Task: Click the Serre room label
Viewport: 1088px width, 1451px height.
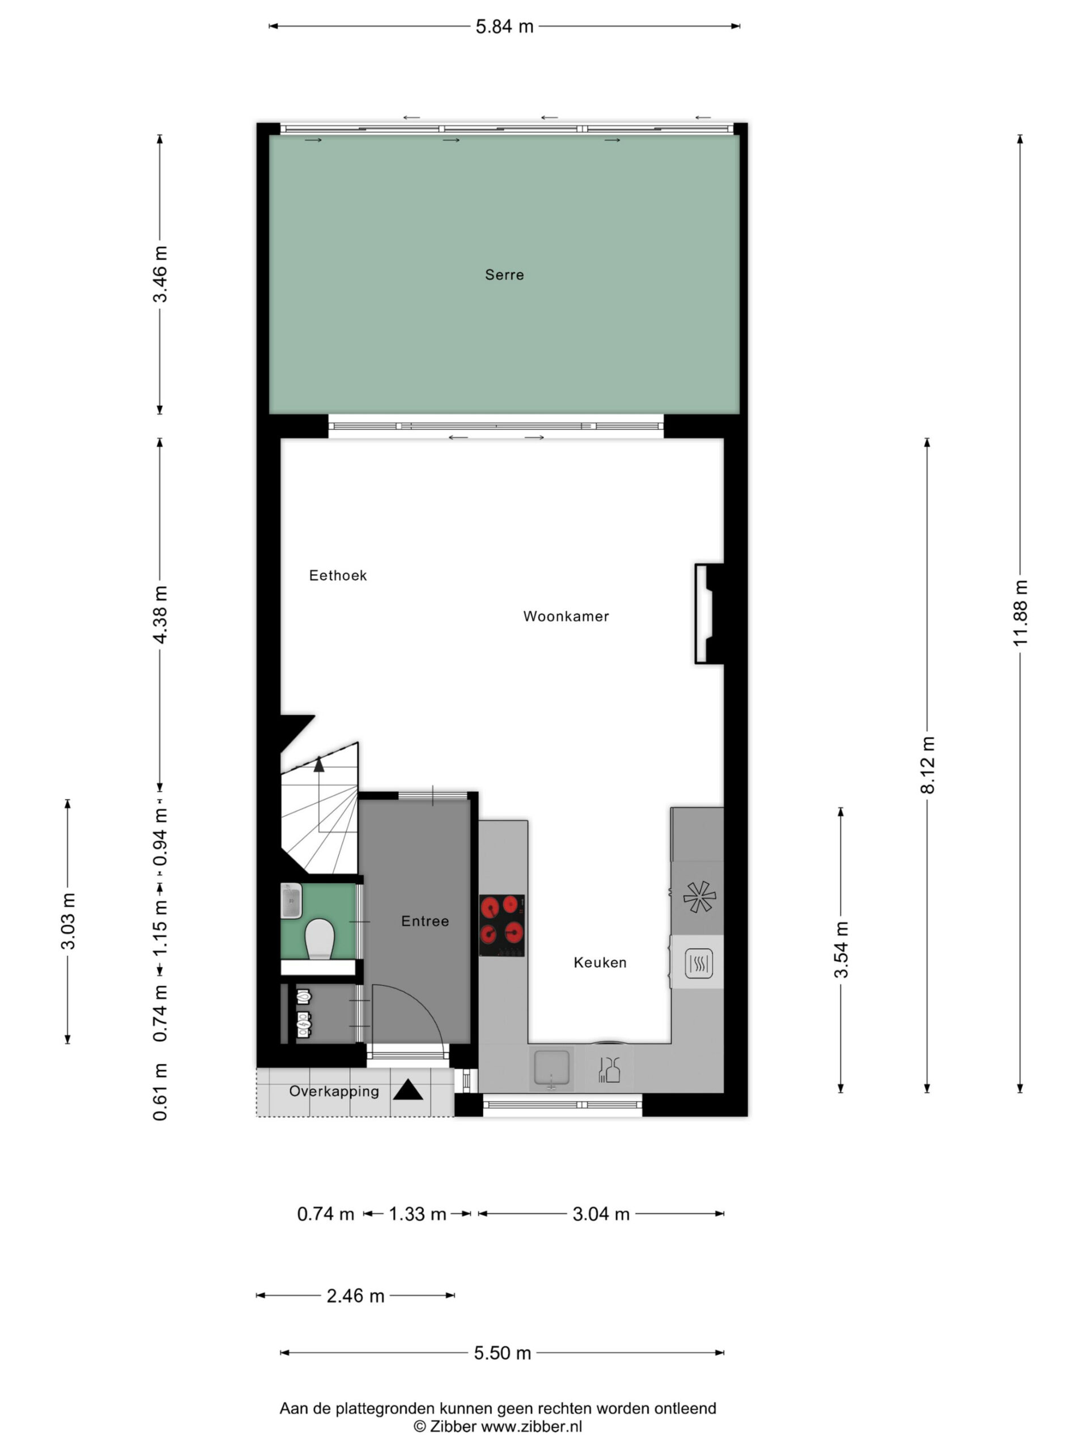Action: tap(504, 275)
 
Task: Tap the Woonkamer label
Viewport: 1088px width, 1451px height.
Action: tap(566, 616)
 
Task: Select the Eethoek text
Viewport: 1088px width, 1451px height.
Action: tap(338, 575)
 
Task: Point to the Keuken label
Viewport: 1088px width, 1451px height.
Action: tap(600, 962)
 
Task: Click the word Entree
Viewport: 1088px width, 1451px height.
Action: tap(425, 921)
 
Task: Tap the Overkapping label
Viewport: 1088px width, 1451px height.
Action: tap(334, 1091)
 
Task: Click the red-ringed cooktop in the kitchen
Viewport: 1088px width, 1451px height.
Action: tap(501, 925)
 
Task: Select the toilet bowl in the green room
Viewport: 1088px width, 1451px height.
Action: tap(320, 938)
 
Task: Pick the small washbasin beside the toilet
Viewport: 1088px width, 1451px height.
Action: tap(291, 900)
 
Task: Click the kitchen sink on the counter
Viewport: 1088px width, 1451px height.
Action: tap(551, 1068)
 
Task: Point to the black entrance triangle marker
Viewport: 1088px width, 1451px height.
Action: tap(408, 1089)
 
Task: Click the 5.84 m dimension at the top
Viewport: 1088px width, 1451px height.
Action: tap(504, 26)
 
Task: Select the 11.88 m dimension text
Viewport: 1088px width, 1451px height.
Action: tap(1020, 613)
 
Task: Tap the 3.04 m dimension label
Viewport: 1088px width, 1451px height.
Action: tap(601, 1214)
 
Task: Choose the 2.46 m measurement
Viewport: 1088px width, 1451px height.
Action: tap(355, 1296)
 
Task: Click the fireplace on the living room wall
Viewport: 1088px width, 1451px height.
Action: tap(709, 613)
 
